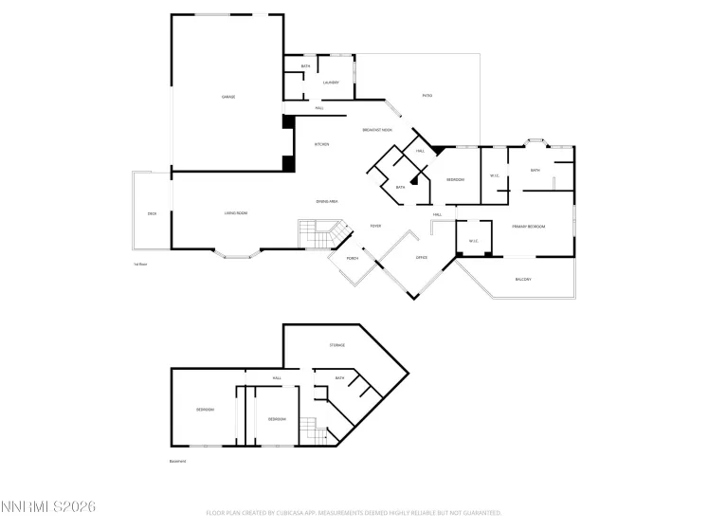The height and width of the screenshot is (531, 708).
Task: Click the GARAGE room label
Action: point(228,97)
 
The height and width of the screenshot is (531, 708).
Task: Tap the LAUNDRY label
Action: point(331,82)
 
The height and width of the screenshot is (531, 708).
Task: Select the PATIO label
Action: point(427,96)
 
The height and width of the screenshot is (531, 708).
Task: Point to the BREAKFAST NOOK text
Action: point(377,130)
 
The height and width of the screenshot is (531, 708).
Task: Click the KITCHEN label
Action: point(321,144)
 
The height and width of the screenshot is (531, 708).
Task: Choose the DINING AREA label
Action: point(327,202)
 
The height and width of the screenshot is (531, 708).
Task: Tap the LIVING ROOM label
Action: point(236,213)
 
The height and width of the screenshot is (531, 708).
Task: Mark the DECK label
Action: point(152,214)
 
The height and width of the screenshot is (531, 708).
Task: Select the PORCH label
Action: point(352,258)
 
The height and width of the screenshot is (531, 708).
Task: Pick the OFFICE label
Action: point(422,258)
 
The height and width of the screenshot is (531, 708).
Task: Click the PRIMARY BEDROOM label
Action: point(528,227)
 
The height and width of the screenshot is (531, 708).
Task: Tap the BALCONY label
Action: point(522,280)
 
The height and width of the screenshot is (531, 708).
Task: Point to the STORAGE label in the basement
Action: point(336,345)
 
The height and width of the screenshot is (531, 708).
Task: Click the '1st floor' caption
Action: point(140,265)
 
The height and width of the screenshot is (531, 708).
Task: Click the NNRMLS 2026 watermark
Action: point(47,510)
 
